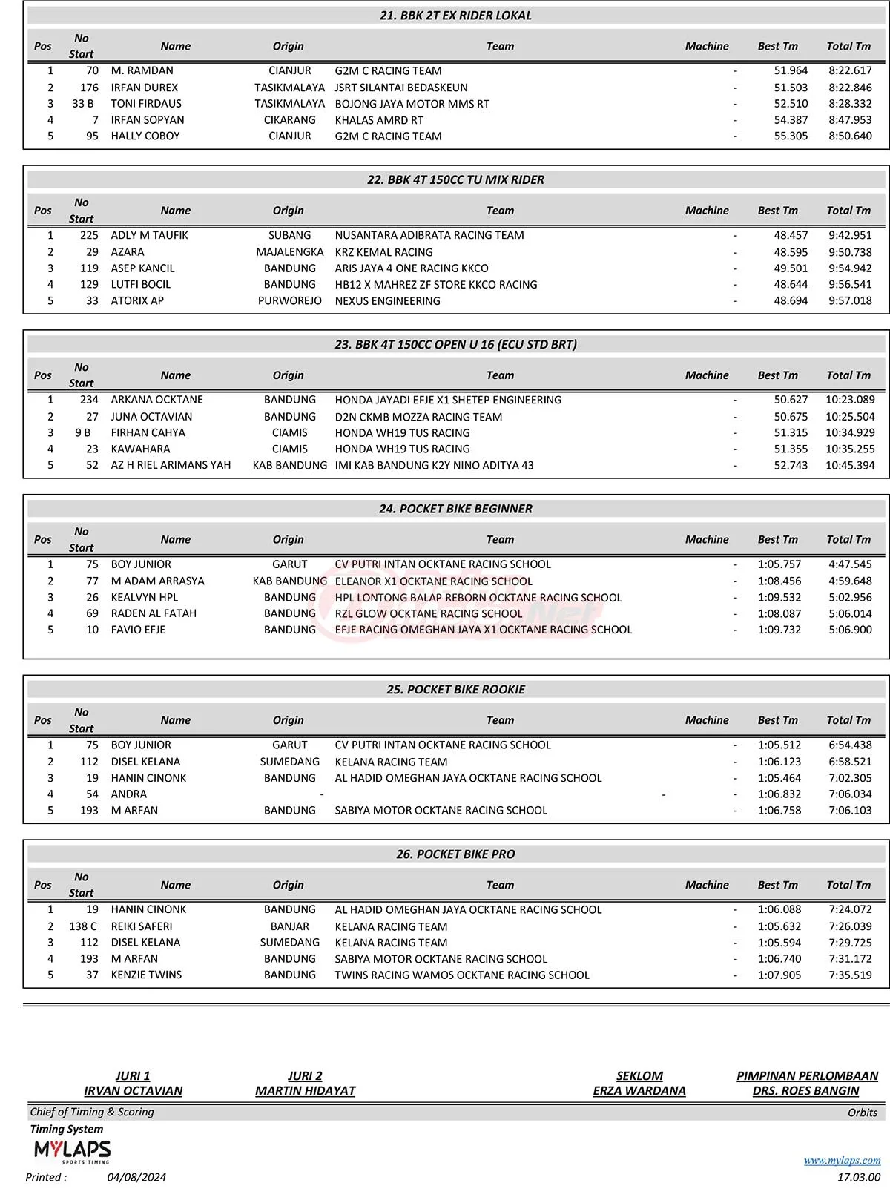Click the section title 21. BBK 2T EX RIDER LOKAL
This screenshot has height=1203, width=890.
click(455, 16)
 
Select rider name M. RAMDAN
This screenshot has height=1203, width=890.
click(142, 71)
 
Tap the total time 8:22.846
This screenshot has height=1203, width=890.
click(850, 88)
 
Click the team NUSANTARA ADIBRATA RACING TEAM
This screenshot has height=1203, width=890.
click(429, 236)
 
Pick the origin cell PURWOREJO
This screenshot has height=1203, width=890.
click(290, 301)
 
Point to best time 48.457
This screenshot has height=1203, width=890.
click(791, 236)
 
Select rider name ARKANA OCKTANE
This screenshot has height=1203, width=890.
click(156, 400)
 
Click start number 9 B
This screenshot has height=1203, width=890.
click(83, 433)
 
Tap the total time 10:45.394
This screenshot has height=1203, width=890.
click(850, 466)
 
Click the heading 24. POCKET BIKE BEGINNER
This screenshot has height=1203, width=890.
click(455, 509)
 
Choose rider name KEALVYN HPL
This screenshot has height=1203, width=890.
click(145, 598)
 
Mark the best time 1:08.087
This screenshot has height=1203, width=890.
click(779, 614)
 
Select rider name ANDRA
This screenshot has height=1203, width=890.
click(129, 794)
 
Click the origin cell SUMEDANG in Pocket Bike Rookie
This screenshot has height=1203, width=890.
click(290, 762)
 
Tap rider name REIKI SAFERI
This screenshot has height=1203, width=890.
click(142, 926)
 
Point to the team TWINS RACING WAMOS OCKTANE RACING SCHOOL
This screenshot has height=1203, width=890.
click(462, 975)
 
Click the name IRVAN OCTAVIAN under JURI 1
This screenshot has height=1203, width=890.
click(133, 1091)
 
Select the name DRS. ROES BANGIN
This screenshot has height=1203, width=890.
click(805, 1091)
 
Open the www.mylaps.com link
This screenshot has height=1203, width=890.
click(842, 1161)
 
